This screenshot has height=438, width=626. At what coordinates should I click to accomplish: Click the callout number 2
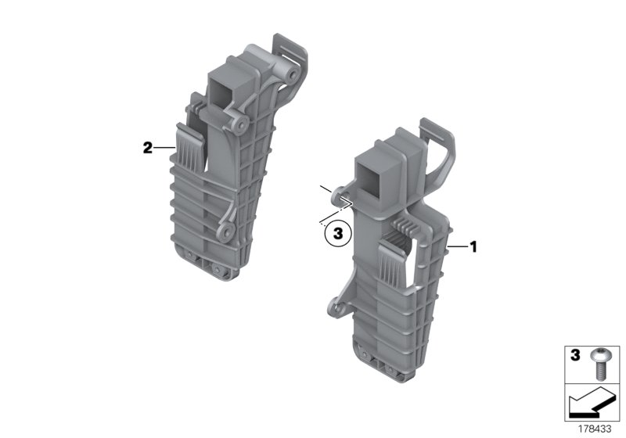pos(147,147)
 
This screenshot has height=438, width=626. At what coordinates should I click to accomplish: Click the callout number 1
pos(473,246)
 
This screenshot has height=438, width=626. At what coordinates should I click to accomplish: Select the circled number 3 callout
pos(337,232)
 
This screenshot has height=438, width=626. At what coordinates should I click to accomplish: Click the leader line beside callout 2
pos(164,147)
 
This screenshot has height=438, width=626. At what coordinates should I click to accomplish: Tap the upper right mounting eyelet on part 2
pos(291,77)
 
